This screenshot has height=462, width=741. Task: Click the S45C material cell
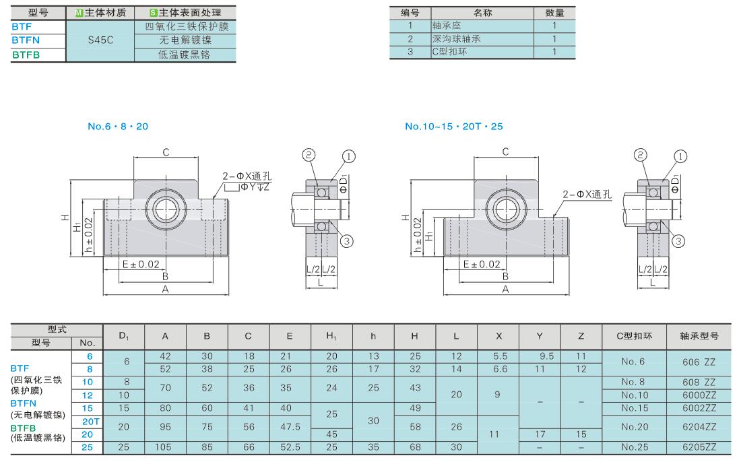pyautogui.click(x=100, y=40)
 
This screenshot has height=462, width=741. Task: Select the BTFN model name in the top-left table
pyautogui.click(x=26, y=40)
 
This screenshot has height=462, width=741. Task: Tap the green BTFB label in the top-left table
pyautogui.click(x=26, y=55)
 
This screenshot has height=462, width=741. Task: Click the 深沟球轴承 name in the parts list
pyautogui.click(x=456, y=39)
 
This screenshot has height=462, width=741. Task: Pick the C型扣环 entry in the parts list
pyautogui.click(x=449, y=51)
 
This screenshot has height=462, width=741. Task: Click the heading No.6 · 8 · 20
pyautogui.click(x=118, y=126)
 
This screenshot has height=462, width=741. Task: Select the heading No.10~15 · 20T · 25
pyautogui.click(x=453, y=126)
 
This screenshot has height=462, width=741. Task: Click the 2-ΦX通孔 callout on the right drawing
pyautogui.click(x=587, y=194)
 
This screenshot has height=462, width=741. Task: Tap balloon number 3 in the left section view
pyautogui.click(x=347, y=241)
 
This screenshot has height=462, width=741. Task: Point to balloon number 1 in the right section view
pyautogui.click(x=680, y=156)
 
